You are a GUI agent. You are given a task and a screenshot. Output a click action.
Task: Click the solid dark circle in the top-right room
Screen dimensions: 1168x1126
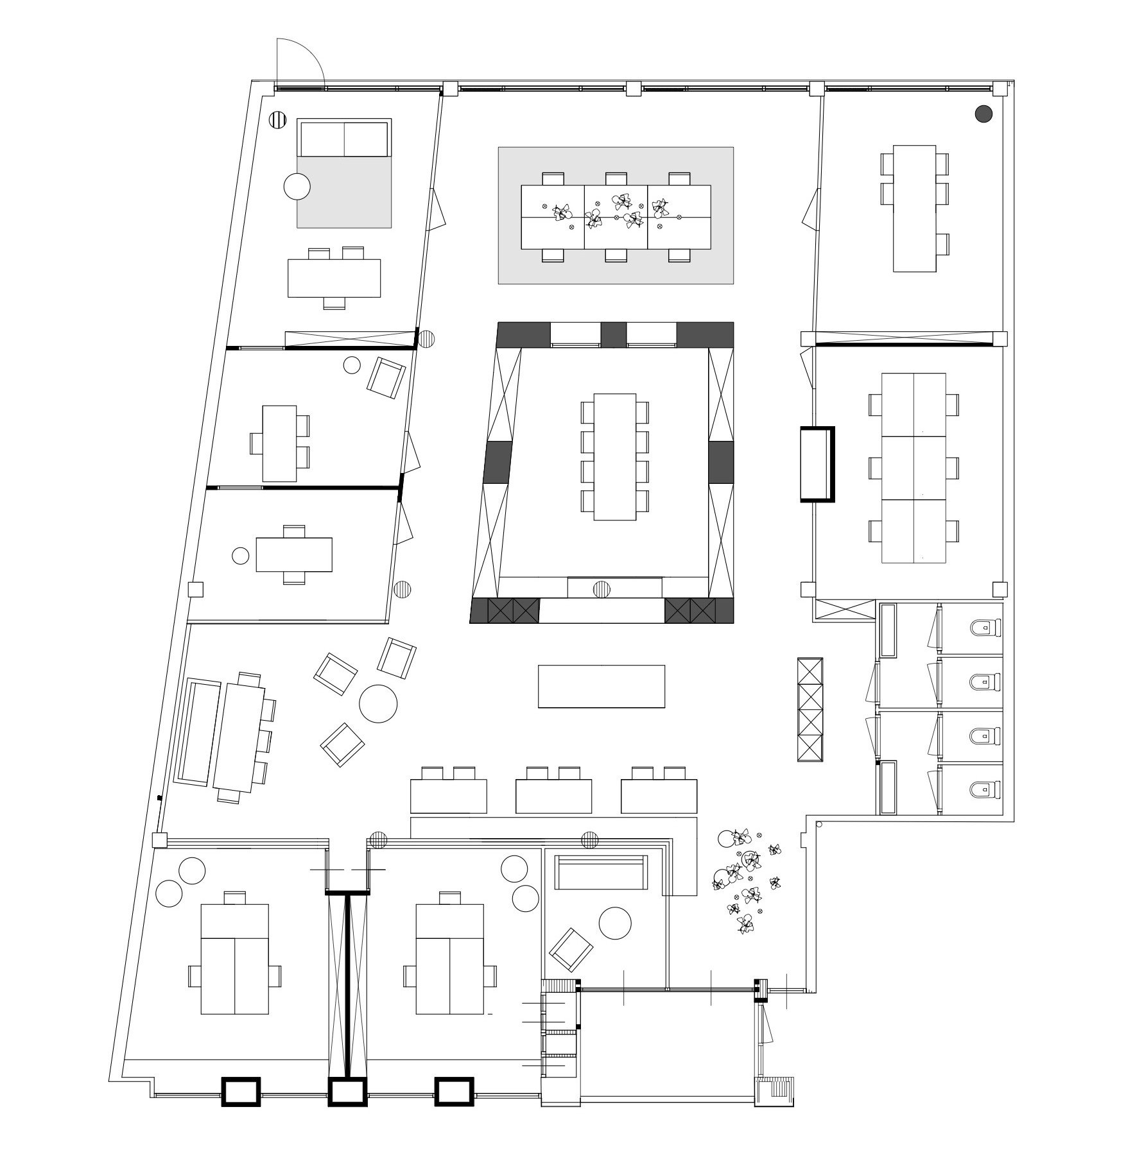983,114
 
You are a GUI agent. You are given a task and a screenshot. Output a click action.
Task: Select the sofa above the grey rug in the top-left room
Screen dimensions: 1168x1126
344,138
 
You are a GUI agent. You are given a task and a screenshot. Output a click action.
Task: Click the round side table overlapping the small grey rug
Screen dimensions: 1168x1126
297,187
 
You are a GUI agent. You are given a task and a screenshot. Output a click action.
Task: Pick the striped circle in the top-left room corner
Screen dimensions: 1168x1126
277,119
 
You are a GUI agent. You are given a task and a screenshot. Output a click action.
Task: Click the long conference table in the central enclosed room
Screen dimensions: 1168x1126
614,456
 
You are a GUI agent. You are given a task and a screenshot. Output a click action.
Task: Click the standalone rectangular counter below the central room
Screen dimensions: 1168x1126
601,686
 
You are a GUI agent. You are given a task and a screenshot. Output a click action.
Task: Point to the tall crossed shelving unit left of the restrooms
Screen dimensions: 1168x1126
810,709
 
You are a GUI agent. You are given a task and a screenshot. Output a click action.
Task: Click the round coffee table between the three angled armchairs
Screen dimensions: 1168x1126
377,703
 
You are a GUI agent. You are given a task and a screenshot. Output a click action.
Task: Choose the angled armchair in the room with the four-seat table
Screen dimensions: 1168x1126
386,379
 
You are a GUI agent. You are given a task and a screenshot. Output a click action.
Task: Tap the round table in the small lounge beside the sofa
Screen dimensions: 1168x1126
614,923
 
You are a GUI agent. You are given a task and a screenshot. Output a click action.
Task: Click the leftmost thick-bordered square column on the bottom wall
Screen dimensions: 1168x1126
241,1092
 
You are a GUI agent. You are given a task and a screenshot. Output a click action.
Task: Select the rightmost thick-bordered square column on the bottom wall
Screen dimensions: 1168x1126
454,1092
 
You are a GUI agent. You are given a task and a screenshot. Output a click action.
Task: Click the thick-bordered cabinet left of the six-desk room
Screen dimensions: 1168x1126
817,463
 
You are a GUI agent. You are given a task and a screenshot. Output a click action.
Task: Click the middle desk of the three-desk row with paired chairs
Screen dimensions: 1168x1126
553,796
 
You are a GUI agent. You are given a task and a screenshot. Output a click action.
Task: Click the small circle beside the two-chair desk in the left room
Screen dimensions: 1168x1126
240,556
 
